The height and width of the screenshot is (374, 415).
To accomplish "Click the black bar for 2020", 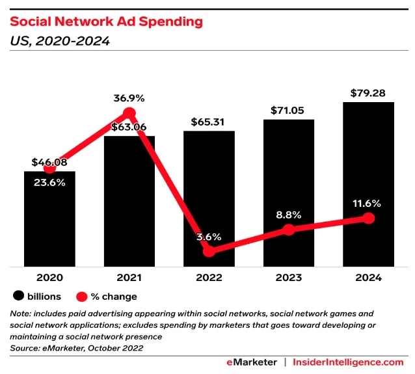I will click(49, 221).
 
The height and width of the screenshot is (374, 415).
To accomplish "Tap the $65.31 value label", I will click(209, 122).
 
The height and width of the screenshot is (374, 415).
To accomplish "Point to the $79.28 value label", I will click(369, 92).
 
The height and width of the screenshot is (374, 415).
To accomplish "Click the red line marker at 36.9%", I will click(129, 114).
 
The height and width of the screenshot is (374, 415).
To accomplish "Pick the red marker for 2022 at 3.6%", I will click(209, 250).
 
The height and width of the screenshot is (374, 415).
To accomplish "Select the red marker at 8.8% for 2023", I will click(289, 230).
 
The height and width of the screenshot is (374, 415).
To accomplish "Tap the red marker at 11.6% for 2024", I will click(369, 219).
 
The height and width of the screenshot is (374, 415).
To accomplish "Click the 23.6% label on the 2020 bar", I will click(49, 183).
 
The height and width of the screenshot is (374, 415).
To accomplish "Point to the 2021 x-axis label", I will click(129, 278).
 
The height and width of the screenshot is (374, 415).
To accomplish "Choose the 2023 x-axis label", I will click(289, 278).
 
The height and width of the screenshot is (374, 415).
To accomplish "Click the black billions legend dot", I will click(18, 297).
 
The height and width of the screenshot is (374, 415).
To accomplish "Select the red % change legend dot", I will click(81, 297).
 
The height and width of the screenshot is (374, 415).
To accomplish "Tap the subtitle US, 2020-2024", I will click(59, 41).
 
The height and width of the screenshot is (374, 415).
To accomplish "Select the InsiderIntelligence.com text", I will click(348, 362).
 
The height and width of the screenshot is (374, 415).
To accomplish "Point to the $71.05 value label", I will click(289, 111).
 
